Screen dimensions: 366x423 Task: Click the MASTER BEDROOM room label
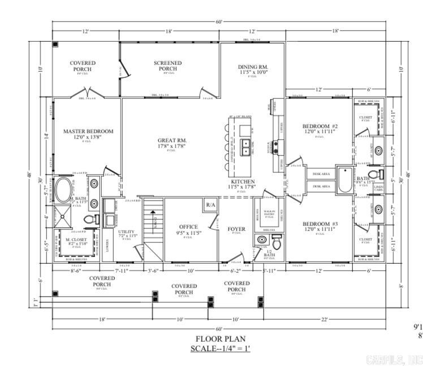pyautogui.click(x=88, y=131)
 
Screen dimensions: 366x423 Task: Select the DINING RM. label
pyautogui.click(x=253, y=67)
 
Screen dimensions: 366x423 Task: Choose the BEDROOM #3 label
pyautogui.click(x=320, y=224)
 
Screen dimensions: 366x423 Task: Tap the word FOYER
pyautogui.click(x=236, y=229)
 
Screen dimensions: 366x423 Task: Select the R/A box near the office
pyautogui.click(x=210, y=204)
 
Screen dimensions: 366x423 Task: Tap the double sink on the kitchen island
pyautogui.click(x=246, y=147)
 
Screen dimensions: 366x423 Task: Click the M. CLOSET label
pyautogui.click(x=75, y=240)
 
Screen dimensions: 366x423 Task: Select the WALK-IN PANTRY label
pyautogui.click(x=269, y=213)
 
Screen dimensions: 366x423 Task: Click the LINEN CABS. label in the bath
pyautogui.click(x=378, y=188)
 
